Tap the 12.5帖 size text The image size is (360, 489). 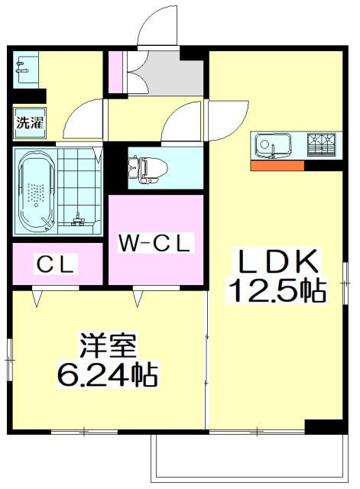[x=277, y=291]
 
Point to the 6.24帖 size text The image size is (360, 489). [x=108, y=374]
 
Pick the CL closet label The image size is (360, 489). [x=57, y=264]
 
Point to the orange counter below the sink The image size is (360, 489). [x=276, y=165]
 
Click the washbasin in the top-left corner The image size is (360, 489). [x=22, y=68]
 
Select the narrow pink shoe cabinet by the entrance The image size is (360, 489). [x=115, y=71]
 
